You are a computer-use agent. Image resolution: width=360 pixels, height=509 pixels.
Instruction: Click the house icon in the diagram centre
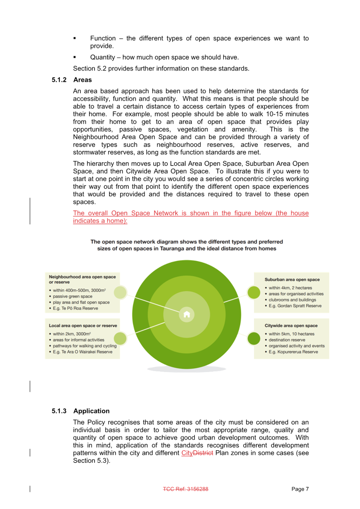pos(186,314)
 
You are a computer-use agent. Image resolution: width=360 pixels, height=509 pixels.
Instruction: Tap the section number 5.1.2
pos(59,80)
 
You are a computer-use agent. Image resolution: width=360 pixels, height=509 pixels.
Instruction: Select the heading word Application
pos(91,411)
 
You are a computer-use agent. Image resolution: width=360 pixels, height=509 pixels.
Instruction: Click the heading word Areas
pos(83,80)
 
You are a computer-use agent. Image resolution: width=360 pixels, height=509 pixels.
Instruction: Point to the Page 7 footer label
pos(300,489)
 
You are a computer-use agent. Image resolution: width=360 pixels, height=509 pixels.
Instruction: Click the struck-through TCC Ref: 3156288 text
pos(186,489)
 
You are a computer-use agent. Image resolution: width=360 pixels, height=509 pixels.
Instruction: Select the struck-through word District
pos(203,453)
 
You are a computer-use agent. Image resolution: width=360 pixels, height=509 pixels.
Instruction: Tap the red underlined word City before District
pos(187,453)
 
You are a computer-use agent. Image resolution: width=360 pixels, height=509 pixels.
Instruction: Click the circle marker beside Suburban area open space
pos(254,292)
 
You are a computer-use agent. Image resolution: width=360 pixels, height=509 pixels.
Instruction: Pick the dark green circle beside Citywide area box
pos(254,338)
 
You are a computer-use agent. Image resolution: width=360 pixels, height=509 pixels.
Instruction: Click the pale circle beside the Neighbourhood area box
pos(120,292)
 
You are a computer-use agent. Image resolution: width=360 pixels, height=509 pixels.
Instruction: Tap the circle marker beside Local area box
pos(120,338)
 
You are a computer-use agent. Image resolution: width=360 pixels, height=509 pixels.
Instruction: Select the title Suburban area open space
pos(292,279)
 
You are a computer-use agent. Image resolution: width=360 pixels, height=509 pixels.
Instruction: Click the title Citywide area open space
pos(291,326)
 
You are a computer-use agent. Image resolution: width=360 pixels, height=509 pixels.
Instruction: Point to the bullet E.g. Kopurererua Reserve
pos(292,352)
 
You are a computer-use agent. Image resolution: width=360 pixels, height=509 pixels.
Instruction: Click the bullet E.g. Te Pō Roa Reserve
pos(74,308)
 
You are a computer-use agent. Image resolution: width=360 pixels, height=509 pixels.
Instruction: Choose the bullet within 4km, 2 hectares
pos(289,288)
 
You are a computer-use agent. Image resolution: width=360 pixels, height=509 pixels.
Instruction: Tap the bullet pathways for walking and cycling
pos(83,346)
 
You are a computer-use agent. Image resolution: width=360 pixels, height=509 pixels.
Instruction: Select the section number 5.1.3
pos(59,411)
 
